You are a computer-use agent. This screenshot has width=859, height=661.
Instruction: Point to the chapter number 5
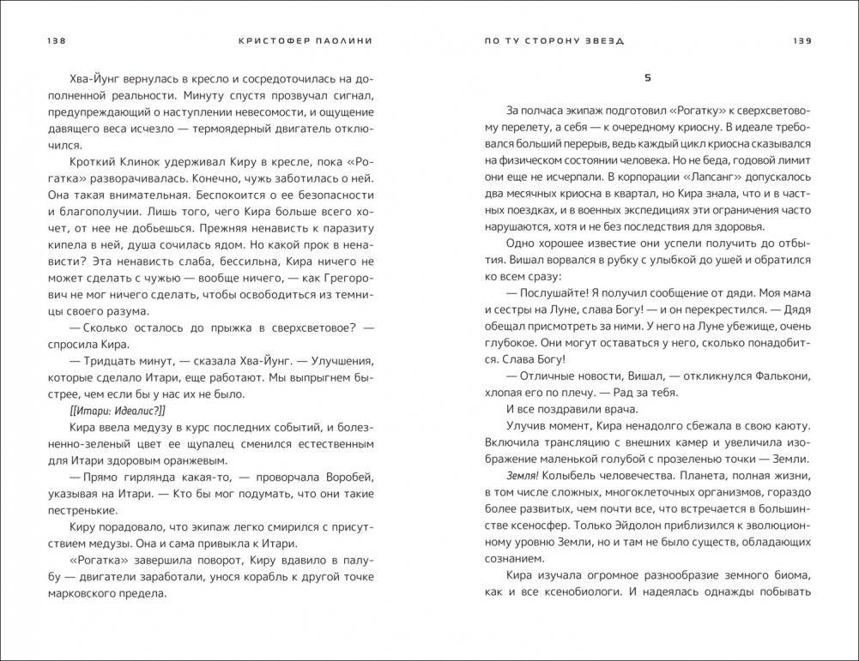pos(648,78)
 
